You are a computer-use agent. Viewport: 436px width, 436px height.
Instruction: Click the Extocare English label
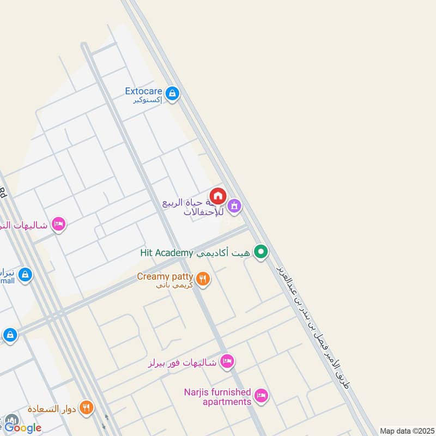coord(144,91)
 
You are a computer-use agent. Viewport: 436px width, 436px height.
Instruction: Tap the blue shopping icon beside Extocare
coord(172,94)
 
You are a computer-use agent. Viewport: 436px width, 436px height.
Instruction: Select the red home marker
coord(218,196)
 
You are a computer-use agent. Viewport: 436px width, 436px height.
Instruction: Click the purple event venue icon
coord(234,206)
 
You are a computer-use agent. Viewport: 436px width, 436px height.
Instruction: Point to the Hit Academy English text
coord(167,252)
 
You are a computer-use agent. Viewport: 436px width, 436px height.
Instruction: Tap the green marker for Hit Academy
coord(262,252)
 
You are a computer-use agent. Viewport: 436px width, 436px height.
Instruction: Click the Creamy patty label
coord(165,277)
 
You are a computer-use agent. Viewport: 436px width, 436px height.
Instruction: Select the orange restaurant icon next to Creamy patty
coord(202,279)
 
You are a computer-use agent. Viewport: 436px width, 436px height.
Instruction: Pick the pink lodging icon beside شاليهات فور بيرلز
coord(227,361)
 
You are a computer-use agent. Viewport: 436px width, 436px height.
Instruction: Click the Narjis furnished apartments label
coord(217,397)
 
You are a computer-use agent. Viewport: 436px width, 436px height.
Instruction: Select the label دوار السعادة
coord(52,408)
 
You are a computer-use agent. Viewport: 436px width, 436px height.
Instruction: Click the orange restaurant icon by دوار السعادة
coord(86,407)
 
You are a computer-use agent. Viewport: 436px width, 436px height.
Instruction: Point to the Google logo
coord(23,428)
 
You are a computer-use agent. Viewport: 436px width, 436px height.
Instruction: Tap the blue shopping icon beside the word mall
coord(25,276)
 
